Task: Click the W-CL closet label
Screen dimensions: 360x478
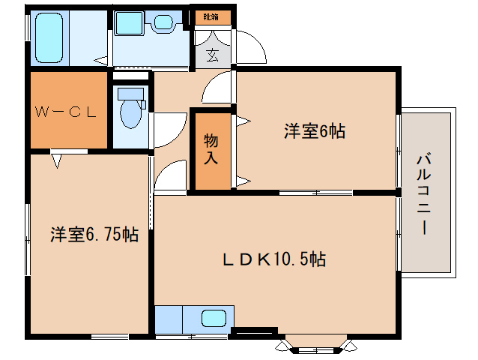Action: [x=65, y=113]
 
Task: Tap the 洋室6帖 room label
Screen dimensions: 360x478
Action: [x=314, y=131]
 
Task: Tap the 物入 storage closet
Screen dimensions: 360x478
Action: [x=211, y=149]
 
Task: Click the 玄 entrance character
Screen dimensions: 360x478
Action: [x=213, y=54]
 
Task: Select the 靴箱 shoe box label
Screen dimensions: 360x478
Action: [x=211, y=16]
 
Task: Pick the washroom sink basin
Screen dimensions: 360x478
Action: [x=162, y=24]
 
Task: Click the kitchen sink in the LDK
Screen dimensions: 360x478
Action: [x=214, y=319]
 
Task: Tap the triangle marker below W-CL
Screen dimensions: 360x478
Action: [x=56, y=159]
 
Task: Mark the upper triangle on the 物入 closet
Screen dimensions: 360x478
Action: [x=242, y=120]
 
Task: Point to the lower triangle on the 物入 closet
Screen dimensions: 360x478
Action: [x=242, y=179]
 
